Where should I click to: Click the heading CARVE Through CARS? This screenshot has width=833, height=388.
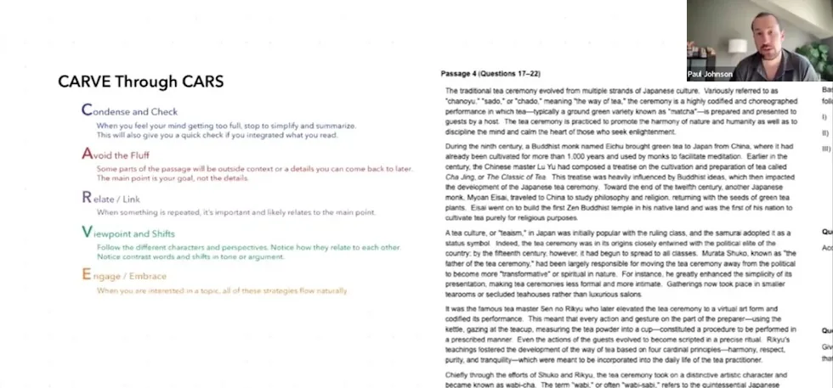pos(141,82)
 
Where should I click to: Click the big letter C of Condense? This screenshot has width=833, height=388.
pos(86,110)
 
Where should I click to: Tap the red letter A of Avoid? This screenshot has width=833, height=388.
pos(86,154)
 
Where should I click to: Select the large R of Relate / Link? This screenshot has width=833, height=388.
pos(86,197)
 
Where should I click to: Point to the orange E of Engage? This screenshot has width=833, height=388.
pos(86,275)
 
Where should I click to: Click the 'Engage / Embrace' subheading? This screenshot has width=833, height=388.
pos(132,276)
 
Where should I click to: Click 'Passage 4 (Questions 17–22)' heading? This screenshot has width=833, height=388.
pos(490,75)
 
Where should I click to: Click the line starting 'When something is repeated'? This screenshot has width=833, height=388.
pos(235,212)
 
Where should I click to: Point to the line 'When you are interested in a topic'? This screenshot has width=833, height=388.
pos(222,290)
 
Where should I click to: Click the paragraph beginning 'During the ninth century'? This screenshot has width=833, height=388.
pos(620,175)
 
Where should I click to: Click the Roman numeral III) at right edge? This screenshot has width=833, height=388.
pos(824,149)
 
